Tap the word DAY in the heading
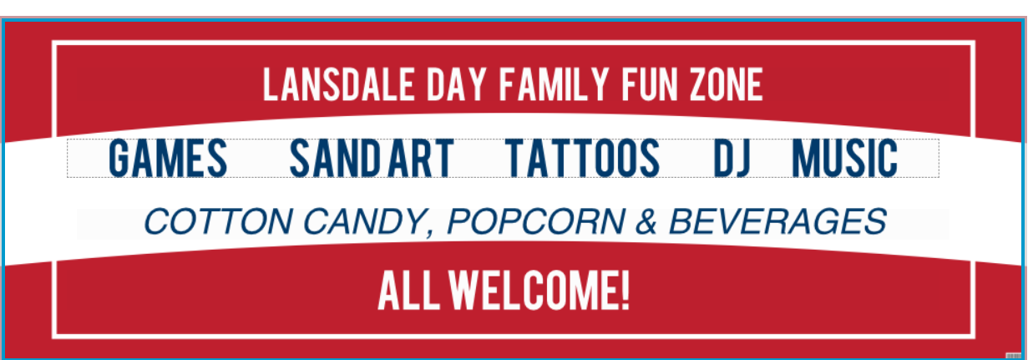pyautogui.click(x=456, y=84)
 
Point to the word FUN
pyautogui.click(x=650, y=84)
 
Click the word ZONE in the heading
pyautogui.click(x=727, y=84)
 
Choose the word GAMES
pyautogui.click(x=168, y=158)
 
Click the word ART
pyautogui.click(x=421, y=158)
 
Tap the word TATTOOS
pyautogui.click(x=582, y=158)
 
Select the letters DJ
pyautogui.click(x=732, y=158)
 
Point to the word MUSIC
pyautogui.click(x=845, y=158)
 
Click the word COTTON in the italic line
pyautogui.click(x=218, y=221)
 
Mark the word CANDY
pyautogui.click(x=364, y=221)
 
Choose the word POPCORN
pyautogui.click(x=536, y=221)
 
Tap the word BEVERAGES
pyautogui.click(x=777, y=221)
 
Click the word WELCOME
pyautogui.click(x=532, y=291)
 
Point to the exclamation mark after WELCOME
pyautogui.click(x=625, y=291)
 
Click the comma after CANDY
pyautogui.click(x=431, y=234)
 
